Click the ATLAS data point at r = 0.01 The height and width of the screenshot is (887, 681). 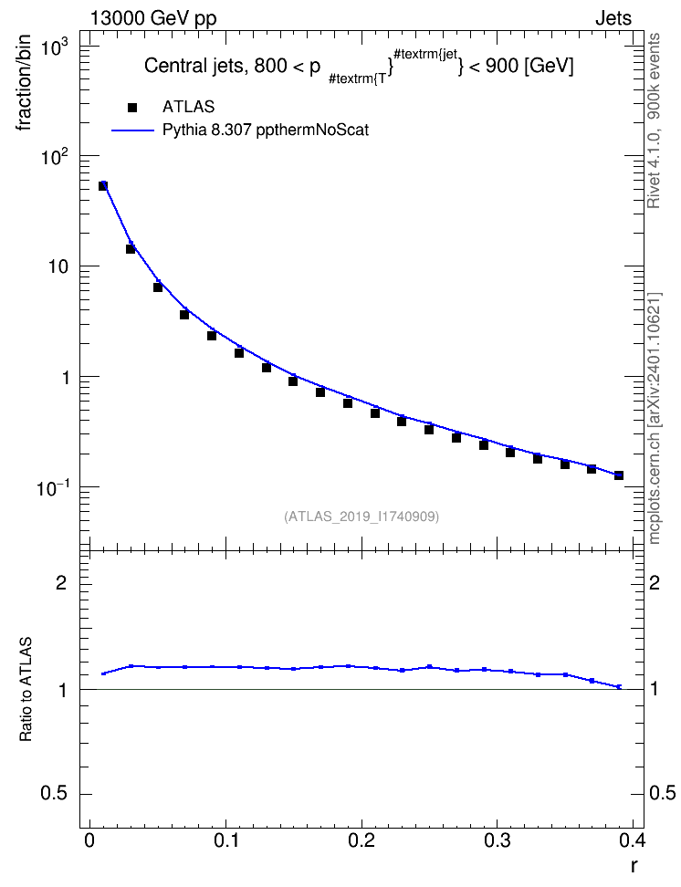click(x=103, y=185)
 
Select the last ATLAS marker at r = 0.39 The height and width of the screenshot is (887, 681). click(x=619, y=475)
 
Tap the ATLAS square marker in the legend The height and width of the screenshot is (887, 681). click(x=132, y=107)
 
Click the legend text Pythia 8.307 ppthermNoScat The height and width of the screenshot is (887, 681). click(x=266, y=130)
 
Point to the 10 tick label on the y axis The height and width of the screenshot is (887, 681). click(x=58, y=266)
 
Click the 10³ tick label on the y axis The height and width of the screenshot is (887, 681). click(x=56, y=47)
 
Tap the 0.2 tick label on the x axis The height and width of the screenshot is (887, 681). click(x=361, y=840)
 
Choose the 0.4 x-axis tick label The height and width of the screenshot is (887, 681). click(x=632, y=840)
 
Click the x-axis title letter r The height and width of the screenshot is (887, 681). click(x=634, y=866)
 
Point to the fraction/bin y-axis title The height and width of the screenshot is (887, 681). click(x=24, y=83)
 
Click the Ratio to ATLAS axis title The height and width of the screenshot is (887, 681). click(x=26, y=690)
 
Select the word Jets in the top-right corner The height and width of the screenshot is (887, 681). click(x=613, y=18)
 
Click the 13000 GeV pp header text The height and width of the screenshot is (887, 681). click(x=153, y=18)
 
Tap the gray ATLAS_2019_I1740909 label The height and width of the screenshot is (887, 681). click(x=361, y=517)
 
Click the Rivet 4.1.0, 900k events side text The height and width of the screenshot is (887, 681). click(x=654, y=121)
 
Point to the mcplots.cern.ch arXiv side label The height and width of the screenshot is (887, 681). click(x=654, y=419)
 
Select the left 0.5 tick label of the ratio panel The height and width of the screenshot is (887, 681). click(x=54, y=794)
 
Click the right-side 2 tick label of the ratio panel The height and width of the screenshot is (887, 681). click(x=655, y=582)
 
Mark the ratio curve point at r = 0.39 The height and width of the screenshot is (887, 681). click(x=619, y=687)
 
